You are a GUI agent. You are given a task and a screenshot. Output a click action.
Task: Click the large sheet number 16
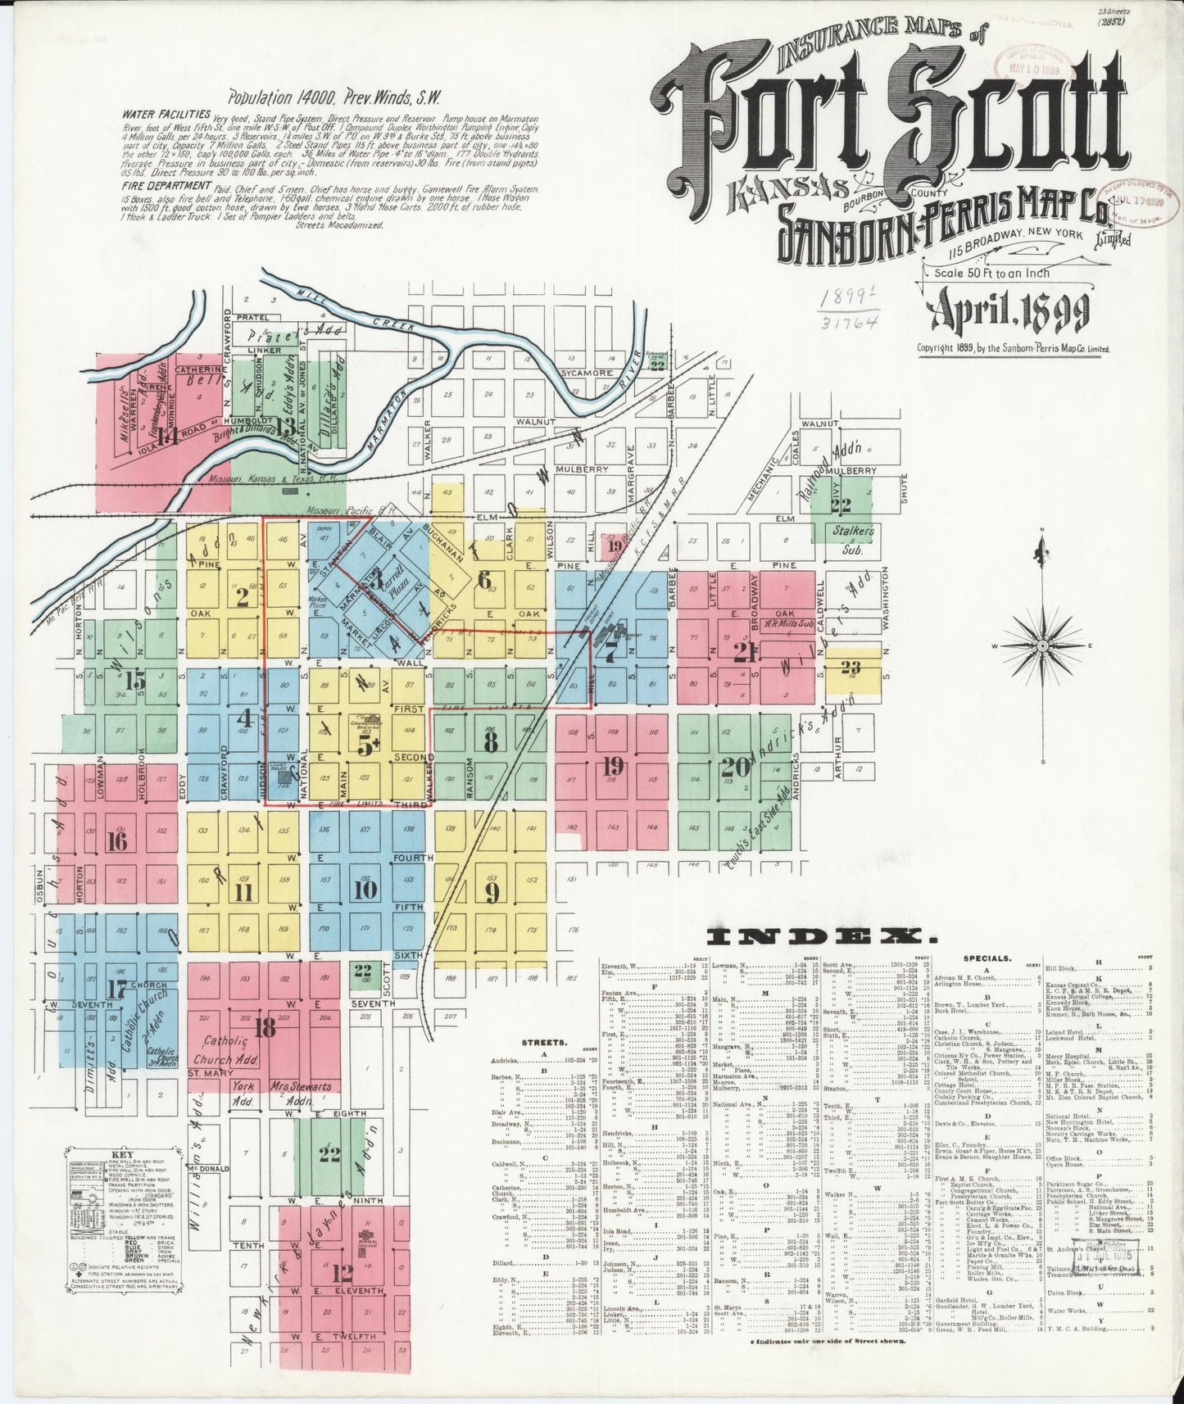(118, 840)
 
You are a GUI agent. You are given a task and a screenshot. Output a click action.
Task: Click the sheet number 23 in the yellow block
(851, 666)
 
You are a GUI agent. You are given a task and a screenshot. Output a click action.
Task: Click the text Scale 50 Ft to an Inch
(991, 273)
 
